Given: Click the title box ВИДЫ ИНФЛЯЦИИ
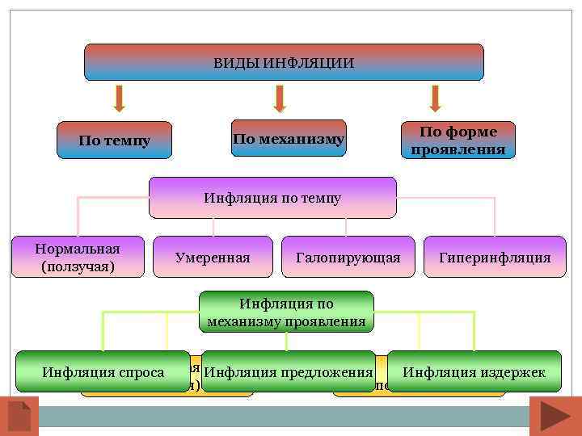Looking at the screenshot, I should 284,62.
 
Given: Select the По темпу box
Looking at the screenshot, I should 114,140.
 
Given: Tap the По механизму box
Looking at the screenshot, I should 289,139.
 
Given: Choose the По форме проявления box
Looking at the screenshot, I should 458,140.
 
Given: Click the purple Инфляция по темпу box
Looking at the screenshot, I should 272,198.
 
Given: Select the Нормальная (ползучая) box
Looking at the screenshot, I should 78,257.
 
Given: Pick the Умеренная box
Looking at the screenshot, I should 213,258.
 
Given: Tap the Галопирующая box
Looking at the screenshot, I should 348,258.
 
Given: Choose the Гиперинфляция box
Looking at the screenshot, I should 495,258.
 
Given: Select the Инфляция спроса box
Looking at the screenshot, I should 103,372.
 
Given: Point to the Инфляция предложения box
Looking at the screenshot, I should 289,372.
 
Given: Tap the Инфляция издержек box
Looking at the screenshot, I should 474,372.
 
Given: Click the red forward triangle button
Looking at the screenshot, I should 555,415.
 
